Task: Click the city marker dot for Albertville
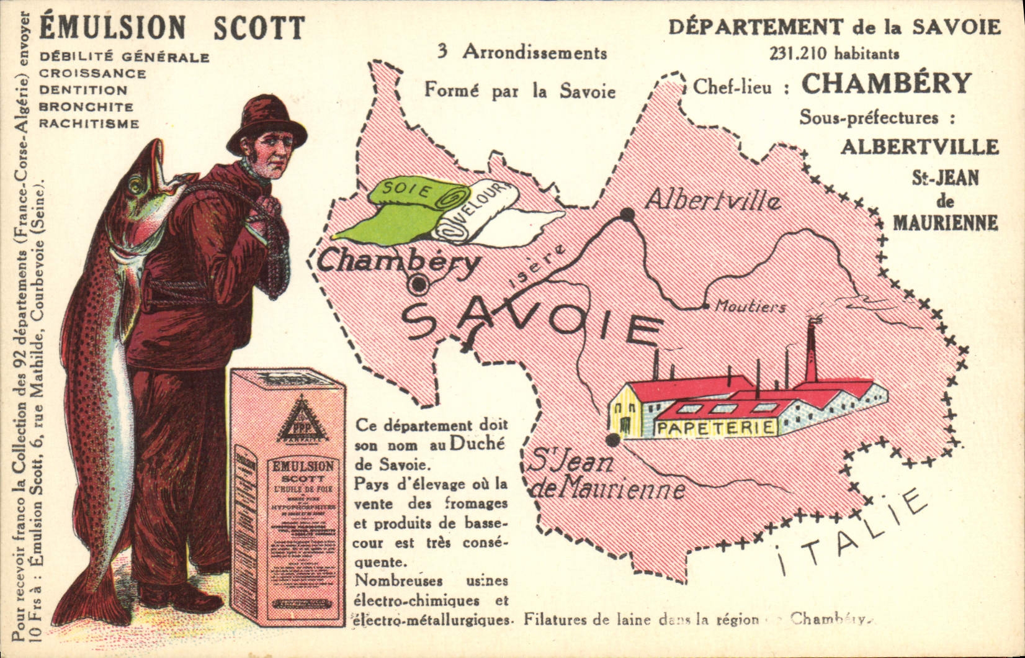627,215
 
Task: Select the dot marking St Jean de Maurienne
612,440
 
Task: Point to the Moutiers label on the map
750,306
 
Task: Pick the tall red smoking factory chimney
810,354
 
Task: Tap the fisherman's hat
266,124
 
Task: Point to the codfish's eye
135,184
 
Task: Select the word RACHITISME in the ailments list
89,124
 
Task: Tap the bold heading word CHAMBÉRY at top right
886,84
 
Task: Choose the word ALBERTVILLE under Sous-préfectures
920,147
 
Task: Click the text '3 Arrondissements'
522,52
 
